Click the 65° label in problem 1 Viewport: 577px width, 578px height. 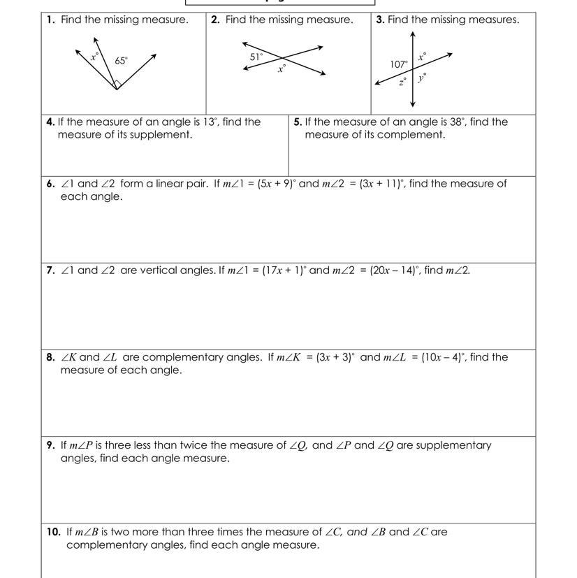click(x=122, y=61)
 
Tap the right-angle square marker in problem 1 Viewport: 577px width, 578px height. click(x=118, y=84)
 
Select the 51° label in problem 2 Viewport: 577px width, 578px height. click(x=256, y=57)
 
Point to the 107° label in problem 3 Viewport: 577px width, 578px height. click(x=400, y=64)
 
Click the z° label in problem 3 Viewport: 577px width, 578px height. click(x=403, y=81)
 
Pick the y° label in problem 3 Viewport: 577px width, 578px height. click(x=422, y=78)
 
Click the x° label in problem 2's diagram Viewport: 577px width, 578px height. click(x=282, y=68)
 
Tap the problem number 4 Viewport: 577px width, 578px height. click(x=50, y=122)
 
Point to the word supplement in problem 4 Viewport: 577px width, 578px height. click(x=165, y=134)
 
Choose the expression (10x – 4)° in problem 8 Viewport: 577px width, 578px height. click(x=444, y=357)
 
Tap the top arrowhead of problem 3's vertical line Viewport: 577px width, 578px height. click(x=414, y=34)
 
